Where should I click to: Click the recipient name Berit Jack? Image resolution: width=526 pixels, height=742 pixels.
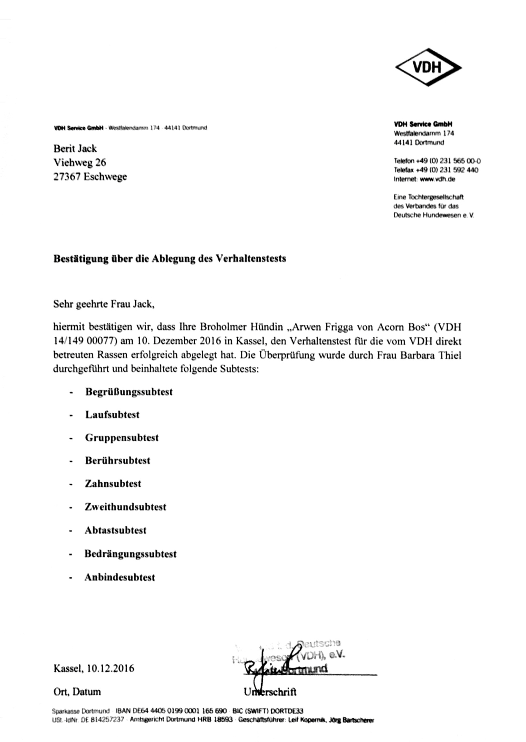[x=75, y=148]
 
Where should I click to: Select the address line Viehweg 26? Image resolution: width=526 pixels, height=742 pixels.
[x=79, y=162]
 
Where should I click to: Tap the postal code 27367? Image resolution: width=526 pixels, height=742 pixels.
[x=66, y=177]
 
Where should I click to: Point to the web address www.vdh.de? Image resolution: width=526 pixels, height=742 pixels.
[x=438, y=179]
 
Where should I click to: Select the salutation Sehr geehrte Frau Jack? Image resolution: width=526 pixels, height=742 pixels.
[x=104, y=304]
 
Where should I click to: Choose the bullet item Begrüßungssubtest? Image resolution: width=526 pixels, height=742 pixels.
[x=129, y=392]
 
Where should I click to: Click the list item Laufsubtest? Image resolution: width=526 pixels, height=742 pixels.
[x=112, y=415]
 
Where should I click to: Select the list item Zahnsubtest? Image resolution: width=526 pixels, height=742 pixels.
[x=113, y=483]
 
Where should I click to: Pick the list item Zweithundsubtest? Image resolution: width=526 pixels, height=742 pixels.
[x=125, y=507]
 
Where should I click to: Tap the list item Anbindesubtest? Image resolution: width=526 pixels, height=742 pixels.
[x=120, y=577]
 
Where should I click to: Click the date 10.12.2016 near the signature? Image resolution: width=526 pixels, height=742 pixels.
[x=111, y=668]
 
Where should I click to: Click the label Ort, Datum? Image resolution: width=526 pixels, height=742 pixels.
[x=77, y=692]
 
